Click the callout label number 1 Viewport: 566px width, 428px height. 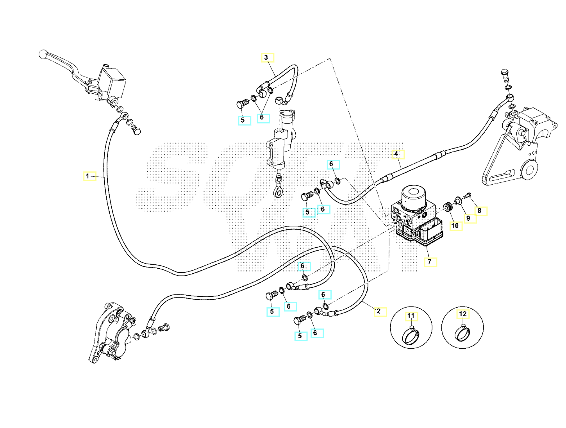(88, 176)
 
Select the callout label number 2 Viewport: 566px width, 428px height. (379, 311)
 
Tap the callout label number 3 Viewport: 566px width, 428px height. (266, 57)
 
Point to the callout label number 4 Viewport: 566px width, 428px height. (396, 154)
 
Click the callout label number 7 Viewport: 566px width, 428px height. (430, 262)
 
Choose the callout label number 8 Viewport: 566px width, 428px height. (480, 211)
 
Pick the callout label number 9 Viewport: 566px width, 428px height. (468, 218)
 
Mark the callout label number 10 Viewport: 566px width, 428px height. (455, 225)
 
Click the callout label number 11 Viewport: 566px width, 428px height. (411, 316)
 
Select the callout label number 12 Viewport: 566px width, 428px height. (463, 314)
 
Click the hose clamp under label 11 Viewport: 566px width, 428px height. (411, 335)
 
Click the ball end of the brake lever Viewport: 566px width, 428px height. (43, 54)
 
